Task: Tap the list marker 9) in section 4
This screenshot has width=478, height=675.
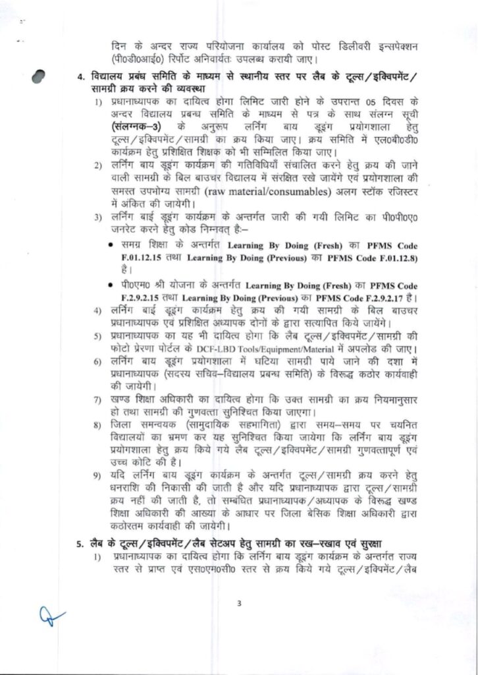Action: (97, 475)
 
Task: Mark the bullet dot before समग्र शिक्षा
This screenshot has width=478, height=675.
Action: (116, 245)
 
